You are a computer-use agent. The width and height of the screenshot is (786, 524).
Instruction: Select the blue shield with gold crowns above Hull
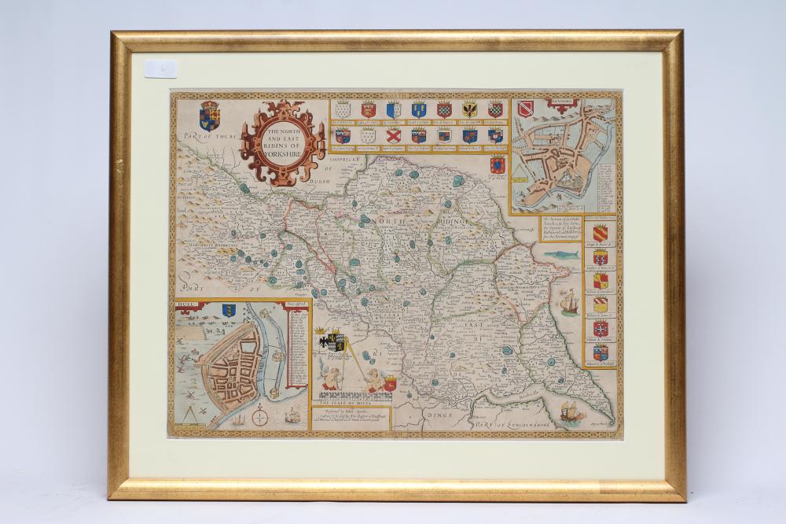229,309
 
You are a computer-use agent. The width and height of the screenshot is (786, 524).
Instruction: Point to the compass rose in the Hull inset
259,418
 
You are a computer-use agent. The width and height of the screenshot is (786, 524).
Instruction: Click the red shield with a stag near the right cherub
390,385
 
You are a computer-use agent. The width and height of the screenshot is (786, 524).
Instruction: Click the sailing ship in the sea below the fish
570,301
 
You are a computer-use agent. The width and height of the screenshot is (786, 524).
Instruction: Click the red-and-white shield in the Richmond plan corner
525,108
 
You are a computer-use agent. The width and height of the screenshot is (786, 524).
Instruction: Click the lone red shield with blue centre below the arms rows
497,164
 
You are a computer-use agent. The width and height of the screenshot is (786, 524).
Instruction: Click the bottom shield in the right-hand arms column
600,352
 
